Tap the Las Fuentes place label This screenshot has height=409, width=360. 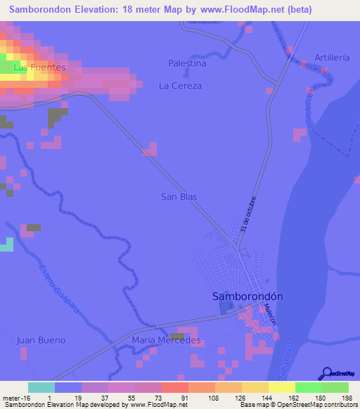tap(39, 67)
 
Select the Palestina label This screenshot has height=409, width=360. tap(187, 63)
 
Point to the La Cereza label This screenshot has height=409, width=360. tap(180, 86)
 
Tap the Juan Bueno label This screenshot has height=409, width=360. tap(40, 340)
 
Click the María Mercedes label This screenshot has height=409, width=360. tap(166, 340)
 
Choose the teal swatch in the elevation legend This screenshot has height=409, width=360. tap(41, 387)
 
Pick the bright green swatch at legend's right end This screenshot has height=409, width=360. tap(335, 387)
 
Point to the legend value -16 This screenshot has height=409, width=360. tap(25, 398)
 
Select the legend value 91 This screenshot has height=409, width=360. tap(184, 398)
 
